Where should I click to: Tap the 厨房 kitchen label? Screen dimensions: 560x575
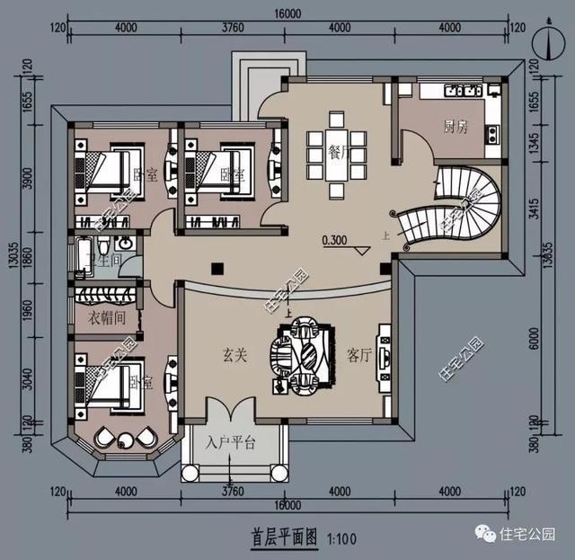pyautogui.click(x=456, y=127)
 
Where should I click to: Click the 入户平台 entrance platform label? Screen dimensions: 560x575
pyautogui.click(x=232, y=443)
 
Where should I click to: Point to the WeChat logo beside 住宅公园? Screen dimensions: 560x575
pyautogui.click(x=489, y=534)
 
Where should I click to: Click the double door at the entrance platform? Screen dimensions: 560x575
pyautogui.click(x=232, y=412)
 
